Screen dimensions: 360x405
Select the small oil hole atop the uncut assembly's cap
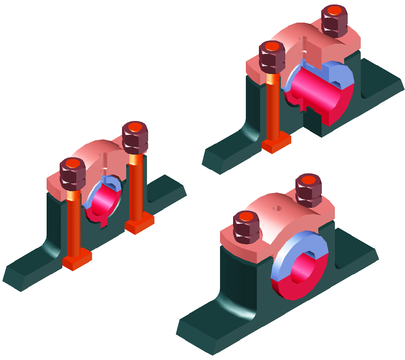click(x=277, y=208)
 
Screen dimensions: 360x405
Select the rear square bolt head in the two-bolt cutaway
click(x=139, y=224)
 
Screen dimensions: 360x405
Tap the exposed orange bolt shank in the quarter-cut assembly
click(x=273, y=110)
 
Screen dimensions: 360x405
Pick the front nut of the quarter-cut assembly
click(x=272, y=56)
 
